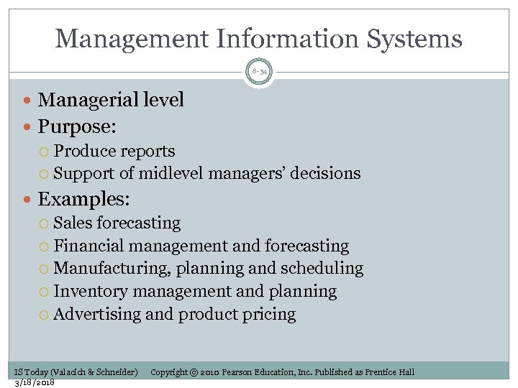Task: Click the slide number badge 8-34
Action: pos(259,72)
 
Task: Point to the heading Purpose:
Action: pos(77,126)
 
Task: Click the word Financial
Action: pos(88,246)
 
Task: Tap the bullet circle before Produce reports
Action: pos(46,152)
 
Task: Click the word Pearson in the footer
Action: pos(240,372)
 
